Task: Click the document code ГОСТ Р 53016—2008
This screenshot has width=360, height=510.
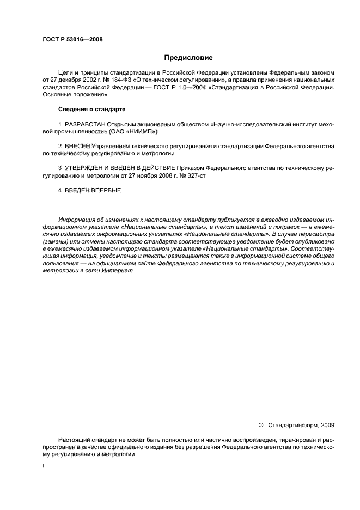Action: point(72,39)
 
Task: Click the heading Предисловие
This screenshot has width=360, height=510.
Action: point(188,57)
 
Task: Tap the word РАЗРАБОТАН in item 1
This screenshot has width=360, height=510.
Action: point(85,125)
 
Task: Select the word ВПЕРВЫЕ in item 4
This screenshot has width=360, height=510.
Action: point(107,190)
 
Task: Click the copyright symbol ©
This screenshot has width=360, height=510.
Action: point(260,424)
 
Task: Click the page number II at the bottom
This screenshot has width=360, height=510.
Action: point(44,466)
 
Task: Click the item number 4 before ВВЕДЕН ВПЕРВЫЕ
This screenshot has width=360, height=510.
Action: point(59,190)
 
